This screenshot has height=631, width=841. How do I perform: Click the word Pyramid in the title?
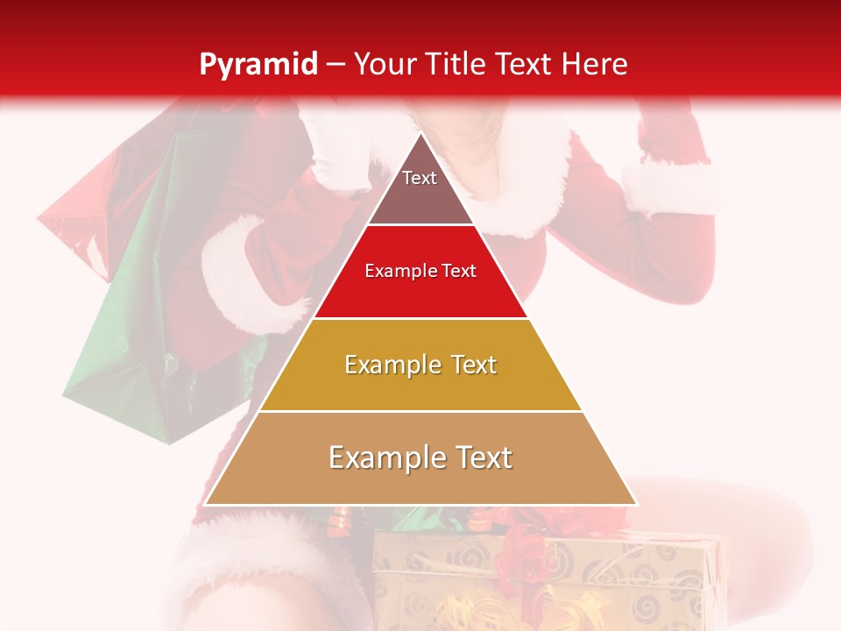coord(258,65)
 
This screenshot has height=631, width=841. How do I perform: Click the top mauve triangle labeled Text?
coord(420,188)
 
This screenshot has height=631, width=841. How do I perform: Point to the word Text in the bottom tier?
coord(476,457)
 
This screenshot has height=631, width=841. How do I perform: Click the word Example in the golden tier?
coord(382,365)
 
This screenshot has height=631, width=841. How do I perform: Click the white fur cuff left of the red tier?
coord(250,272)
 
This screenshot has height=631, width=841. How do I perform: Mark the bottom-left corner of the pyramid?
coord(206,504)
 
